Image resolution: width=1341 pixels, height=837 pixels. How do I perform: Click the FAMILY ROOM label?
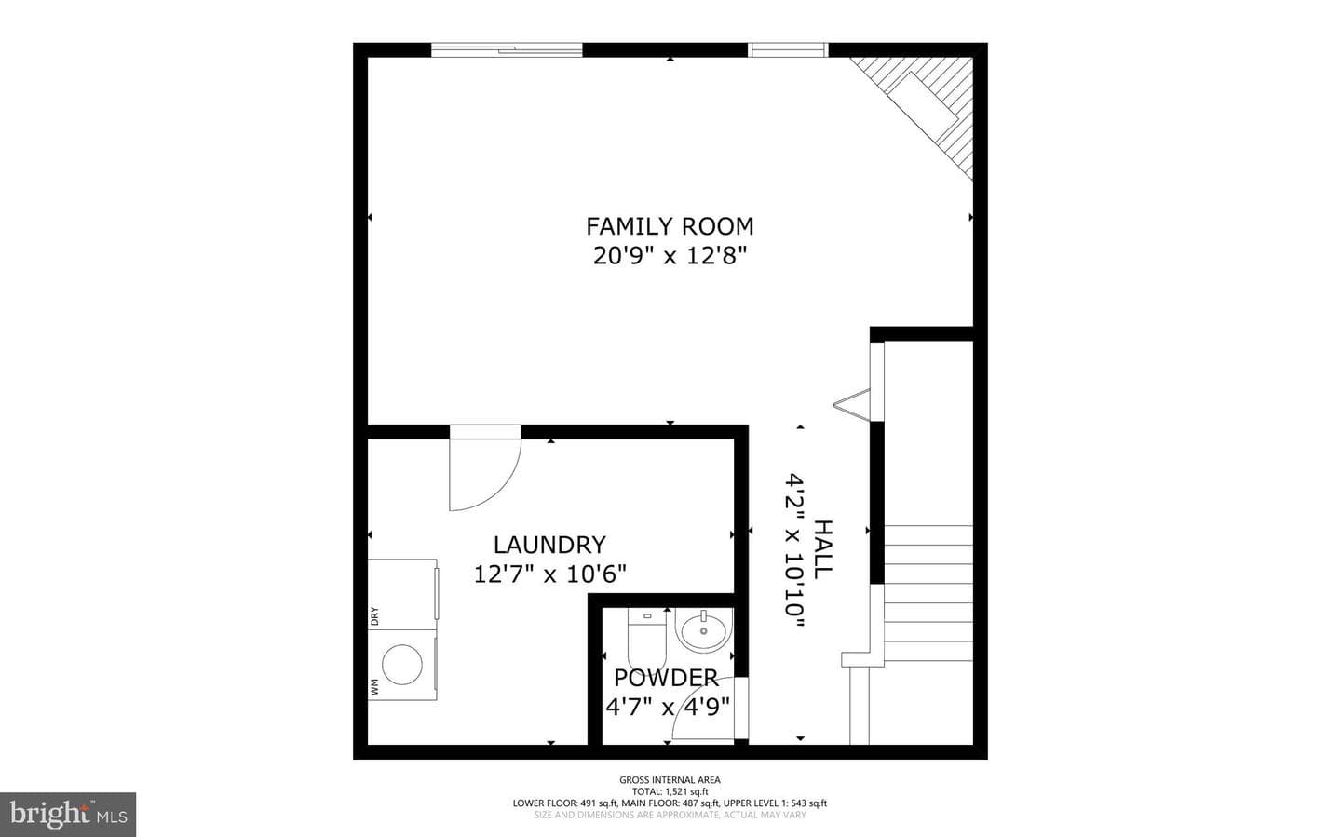670,226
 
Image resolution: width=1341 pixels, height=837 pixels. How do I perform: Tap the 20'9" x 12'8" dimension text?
670,256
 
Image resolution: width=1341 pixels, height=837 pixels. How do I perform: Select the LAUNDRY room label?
549,545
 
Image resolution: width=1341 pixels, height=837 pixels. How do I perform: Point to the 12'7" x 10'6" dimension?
549,574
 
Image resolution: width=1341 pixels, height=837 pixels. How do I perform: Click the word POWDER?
666,678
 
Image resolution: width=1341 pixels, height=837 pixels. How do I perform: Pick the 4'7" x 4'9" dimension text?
668,707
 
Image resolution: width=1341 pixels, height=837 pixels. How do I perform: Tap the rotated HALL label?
822,549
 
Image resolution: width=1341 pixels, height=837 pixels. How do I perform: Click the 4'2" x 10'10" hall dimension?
794,549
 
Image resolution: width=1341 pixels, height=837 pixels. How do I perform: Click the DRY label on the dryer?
374,616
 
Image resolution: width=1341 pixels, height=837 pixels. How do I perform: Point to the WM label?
374,687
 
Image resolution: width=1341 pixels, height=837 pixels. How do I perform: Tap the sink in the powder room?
703,630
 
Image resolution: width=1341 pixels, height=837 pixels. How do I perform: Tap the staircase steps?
928,593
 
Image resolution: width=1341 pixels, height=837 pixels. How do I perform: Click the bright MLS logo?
68,815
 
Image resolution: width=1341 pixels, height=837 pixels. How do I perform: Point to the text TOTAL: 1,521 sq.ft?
670,791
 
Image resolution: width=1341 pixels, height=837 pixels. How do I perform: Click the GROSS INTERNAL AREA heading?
670,779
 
